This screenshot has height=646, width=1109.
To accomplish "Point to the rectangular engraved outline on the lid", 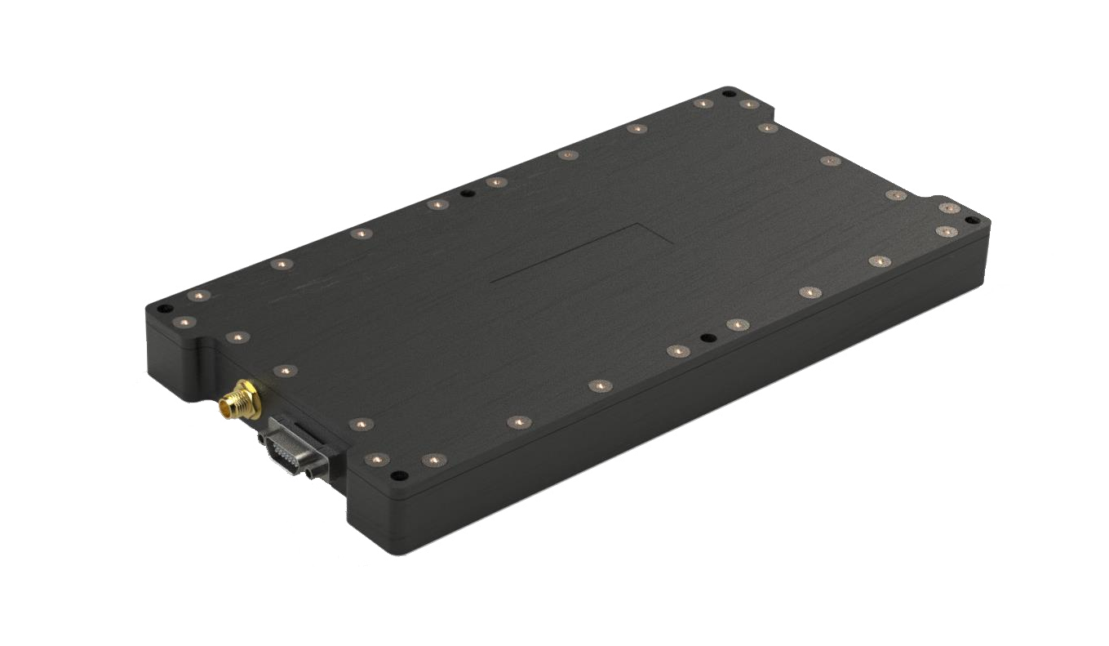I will [582, 253].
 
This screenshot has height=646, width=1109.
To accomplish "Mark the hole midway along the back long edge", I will [467, 194].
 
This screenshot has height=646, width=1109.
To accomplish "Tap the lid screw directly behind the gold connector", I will [283, 371].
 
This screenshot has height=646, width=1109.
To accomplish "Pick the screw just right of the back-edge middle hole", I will [496, 182].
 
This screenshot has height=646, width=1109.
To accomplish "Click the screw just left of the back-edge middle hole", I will [437, 204].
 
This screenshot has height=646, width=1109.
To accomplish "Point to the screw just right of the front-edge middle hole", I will [737, 324].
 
